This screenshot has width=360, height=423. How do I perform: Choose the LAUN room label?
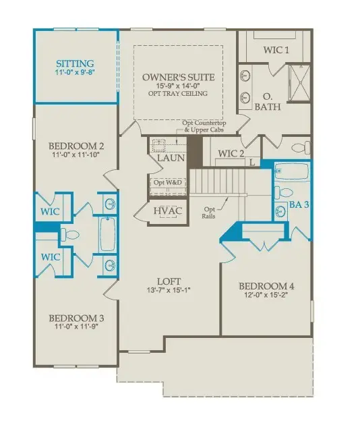(167, 158)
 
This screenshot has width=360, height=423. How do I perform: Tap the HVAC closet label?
(167, 211)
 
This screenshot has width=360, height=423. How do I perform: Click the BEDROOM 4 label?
(270, 285)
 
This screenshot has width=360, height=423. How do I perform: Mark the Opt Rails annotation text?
(209, 213)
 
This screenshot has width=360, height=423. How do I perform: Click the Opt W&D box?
(167, 183)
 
